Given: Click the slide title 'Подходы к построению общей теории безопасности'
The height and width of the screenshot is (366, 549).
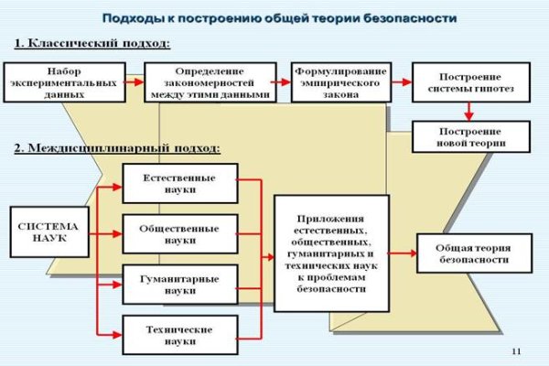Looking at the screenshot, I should [x=279, y=18].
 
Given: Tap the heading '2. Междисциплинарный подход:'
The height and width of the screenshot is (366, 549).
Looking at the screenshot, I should [x=117, y=147].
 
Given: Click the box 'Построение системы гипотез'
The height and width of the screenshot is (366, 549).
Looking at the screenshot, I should [x=470, y=81].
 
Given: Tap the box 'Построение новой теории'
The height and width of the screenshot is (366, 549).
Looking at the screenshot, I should [x=470, y=136].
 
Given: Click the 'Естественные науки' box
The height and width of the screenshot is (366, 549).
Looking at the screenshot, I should [x=179, y=183].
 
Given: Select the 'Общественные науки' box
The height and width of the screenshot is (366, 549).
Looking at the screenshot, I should [x=179, y=233].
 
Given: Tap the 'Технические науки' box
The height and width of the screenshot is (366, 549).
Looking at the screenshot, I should [x=179, y=334].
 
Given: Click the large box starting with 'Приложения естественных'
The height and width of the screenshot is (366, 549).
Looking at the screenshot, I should [x=331, y=253].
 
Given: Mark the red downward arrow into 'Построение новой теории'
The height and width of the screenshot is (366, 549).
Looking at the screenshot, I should [x=469, y=111].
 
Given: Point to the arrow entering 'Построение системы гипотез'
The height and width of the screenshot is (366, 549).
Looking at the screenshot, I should [x=400, y=81].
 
